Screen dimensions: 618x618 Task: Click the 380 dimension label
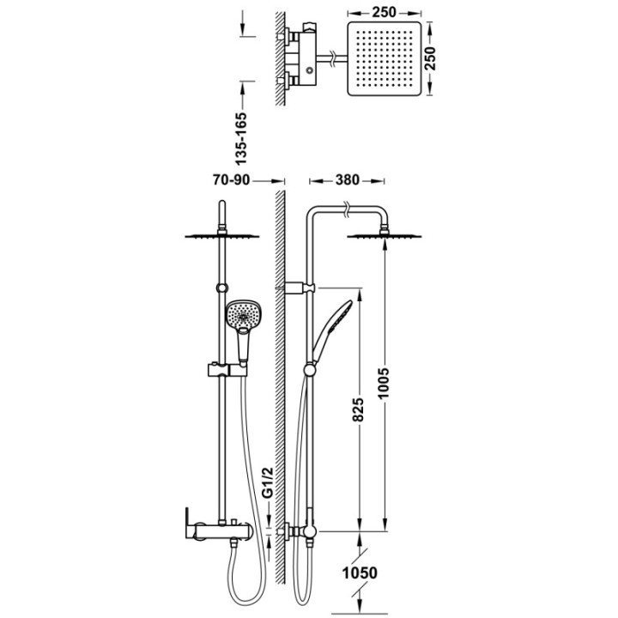(x=348, y=180)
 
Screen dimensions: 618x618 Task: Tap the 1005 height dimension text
(x=384, y=384)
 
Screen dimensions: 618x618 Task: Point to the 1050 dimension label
(x=360, y=573)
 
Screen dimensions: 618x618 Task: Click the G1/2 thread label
(x=268, y=482)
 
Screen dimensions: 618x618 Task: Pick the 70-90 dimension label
(x=232, y=180)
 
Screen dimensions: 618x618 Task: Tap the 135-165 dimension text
(x=240, y=139)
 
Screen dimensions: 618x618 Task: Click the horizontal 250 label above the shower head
(x=384, y=12)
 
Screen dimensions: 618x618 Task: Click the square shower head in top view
(x=385, y=58)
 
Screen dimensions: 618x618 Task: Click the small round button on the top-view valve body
(x=310, y=70)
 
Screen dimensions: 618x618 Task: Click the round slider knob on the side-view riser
(x=309, y=370)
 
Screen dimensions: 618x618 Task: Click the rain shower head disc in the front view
(x=222, y=236)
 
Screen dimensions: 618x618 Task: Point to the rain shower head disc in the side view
(x=384, y=236)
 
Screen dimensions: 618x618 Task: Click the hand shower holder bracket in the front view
(x=227, y=370)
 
